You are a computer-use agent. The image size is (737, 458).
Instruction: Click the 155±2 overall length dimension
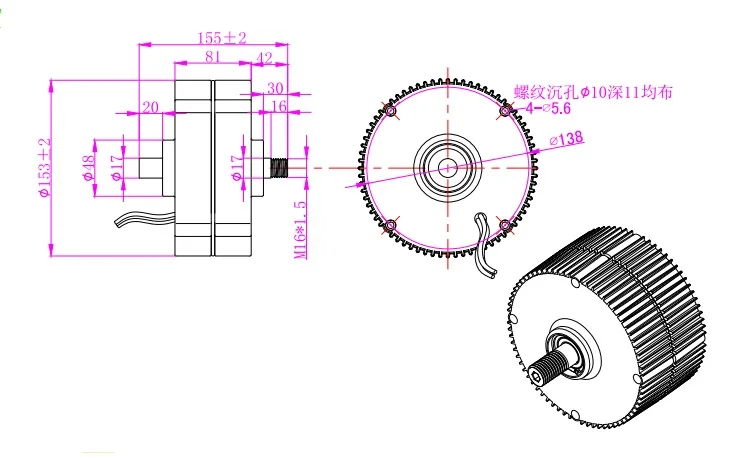[x=222, y=38]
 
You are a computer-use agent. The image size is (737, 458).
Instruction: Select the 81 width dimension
[x=212, y=56]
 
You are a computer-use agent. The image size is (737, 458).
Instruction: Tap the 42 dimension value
[x=264, y=58]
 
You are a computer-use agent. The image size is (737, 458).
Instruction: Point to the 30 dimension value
[x=275, y=88]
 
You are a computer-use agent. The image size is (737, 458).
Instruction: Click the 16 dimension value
[x=279, y=106]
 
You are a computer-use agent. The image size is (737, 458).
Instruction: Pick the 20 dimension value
[x=150, y=107]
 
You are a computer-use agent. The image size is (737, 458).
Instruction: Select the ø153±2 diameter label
[x=45, y=167]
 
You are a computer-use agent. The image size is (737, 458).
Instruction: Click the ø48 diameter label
[x=88, y=168]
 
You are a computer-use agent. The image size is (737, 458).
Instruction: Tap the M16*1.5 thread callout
[x=300, y=230]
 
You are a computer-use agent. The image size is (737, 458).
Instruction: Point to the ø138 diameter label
[x=567, y=139]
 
